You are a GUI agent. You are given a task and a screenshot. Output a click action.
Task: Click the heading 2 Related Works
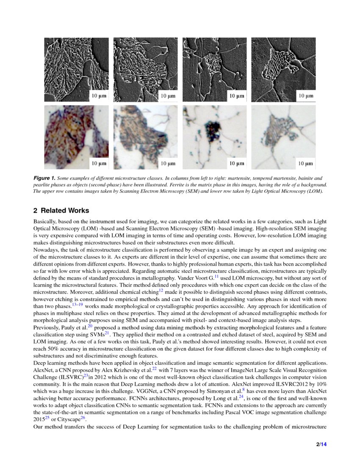coord(61,211)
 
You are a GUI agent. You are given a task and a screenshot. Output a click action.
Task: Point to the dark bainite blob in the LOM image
coord(213,129)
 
